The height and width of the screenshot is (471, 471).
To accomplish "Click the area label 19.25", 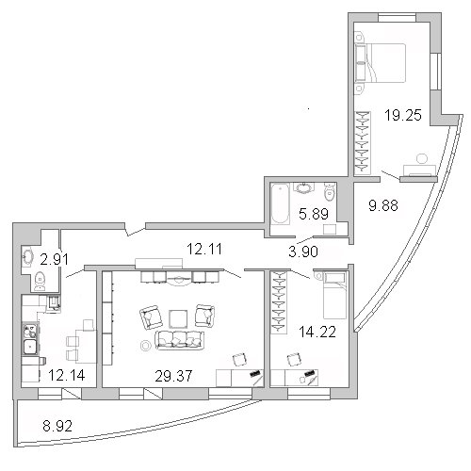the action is [403, 115].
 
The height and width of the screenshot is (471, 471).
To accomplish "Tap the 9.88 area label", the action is [383, 205].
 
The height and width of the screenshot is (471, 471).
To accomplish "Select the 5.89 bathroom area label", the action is [314, 214].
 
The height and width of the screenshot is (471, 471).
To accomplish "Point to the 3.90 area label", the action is [303, 252].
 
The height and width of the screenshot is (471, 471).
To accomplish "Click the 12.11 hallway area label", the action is [204, 249].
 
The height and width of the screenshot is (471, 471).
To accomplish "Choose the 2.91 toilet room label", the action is [54, 259].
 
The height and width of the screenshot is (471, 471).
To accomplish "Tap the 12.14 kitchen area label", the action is [67, 375].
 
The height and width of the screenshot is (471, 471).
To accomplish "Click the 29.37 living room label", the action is [173, 376].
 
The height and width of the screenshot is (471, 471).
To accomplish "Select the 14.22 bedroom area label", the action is [317, 332].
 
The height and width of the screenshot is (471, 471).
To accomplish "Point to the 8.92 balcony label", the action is [57, 426].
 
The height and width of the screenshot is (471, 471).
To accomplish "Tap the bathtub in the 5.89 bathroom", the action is [280, 203].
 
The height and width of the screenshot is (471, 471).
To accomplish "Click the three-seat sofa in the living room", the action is [180, 340].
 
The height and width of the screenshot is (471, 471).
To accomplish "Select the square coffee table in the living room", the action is [178, 319].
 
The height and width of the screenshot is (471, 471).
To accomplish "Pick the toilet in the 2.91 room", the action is [40, 281].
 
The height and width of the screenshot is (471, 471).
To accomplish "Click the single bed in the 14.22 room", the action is [334, 295].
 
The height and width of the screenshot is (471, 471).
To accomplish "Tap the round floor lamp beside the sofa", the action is [146, 346].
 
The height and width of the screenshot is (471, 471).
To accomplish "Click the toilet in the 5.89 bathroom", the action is [330, 192].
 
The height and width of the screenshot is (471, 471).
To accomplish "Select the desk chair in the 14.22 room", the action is [295, 359].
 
